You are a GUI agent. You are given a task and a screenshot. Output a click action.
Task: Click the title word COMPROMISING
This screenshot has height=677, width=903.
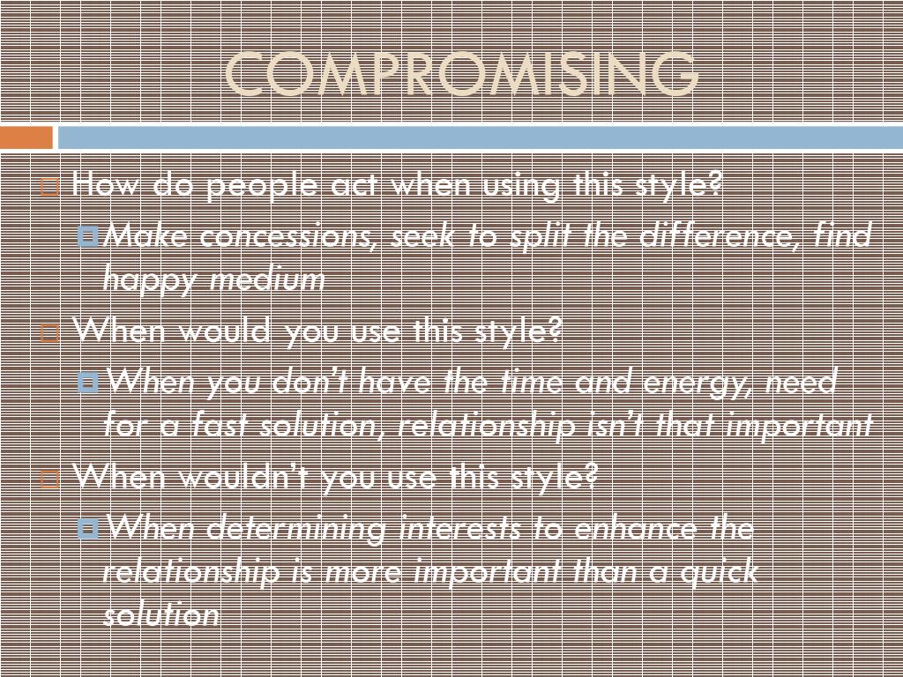pos(462,75)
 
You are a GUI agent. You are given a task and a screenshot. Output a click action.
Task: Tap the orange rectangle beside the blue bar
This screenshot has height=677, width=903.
pos(26,138)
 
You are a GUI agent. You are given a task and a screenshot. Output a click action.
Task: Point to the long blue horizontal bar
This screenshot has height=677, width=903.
pos(480,138)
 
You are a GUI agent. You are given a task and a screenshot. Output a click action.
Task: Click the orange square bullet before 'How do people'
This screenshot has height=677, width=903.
pos(50,187)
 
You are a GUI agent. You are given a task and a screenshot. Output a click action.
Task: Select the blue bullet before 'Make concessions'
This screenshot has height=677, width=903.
pos(88,236)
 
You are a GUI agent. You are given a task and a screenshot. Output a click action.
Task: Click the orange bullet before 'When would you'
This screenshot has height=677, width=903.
pos(50,333)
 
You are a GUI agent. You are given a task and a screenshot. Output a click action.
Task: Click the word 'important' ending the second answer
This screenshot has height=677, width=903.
pos(800,426)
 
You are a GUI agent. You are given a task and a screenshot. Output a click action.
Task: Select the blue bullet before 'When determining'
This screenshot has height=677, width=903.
pos(88,529)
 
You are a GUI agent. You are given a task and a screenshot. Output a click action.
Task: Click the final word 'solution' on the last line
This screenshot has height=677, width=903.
pos(160,614)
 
